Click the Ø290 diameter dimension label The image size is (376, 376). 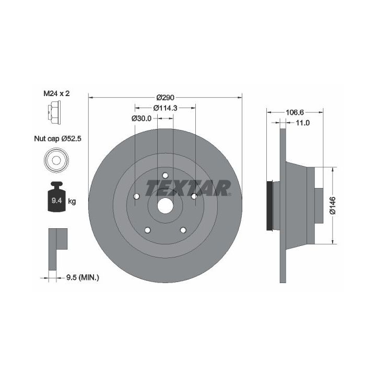coord(165,97)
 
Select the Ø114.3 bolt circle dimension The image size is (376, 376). coord(165,108)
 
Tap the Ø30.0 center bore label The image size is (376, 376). coord(142,118)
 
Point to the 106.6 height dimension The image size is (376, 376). coord(295,112)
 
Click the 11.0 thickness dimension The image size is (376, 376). coord(302,123)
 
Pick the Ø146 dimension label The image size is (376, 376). coord(333,206)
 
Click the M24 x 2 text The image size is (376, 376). coord(56,93)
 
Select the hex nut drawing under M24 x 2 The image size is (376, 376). coord(54,112)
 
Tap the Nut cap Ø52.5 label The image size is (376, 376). coord(57,138)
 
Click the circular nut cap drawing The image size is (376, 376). coord(56,160)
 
